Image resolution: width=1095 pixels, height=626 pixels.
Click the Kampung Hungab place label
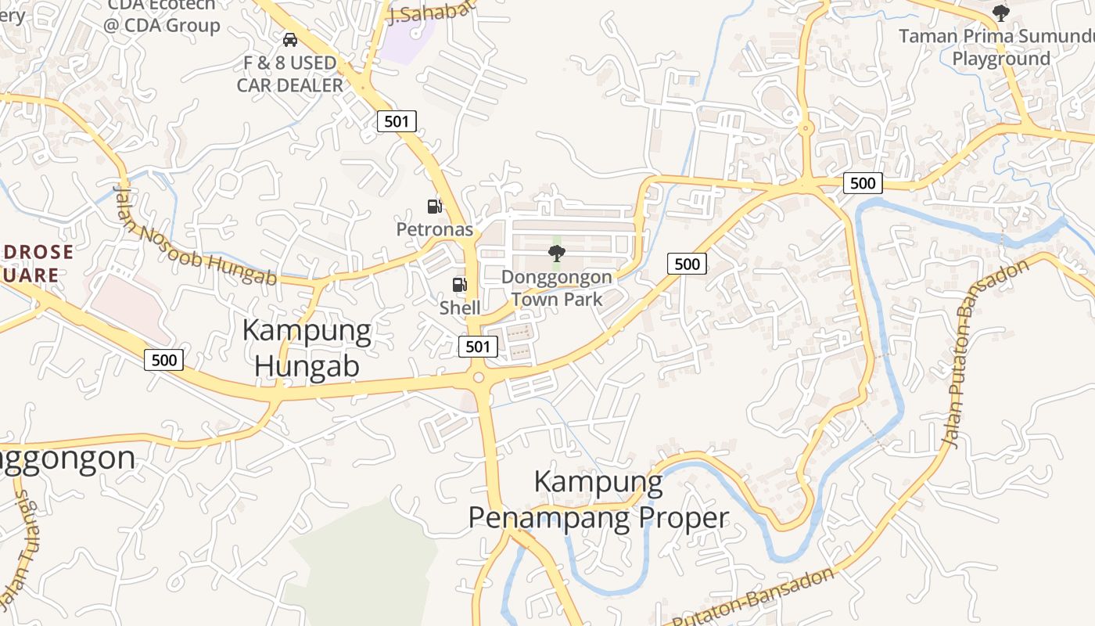pos(307,348)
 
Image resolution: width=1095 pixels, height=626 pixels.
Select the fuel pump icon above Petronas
pos(434,207)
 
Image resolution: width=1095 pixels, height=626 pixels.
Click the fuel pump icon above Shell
pos(460,286)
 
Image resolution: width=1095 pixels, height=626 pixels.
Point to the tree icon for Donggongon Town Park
pos(557,253)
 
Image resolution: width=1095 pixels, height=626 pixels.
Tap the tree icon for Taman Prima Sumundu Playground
pos(1000,13)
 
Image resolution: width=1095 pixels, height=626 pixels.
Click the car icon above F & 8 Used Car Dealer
pos(290,39)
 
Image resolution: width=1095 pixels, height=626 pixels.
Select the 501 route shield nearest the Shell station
pos(477,347)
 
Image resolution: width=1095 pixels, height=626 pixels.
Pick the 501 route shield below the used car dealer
pos(397,121)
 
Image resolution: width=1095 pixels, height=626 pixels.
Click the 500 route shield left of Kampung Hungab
pos(164,360)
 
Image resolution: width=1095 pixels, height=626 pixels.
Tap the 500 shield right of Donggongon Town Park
pos(687,264)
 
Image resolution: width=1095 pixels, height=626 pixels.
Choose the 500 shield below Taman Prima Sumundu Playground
pos(863,183)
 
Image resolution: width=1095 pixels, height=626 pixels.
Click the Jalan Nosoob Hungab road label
pos(196,236)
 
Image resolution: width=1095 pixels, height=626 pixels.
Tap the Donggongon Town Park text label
pos(557,288)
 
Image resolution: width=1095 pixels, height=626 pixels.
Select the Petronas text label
pos(435,229)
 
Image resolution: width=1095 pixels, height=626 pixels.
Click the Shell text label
pos(460,308)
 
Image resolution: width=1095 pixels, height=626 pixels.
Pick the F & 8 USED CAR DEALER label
pos(290,74)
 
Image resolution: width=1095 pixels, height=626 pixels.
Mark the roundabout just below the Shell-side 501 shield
pos(478,379)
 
